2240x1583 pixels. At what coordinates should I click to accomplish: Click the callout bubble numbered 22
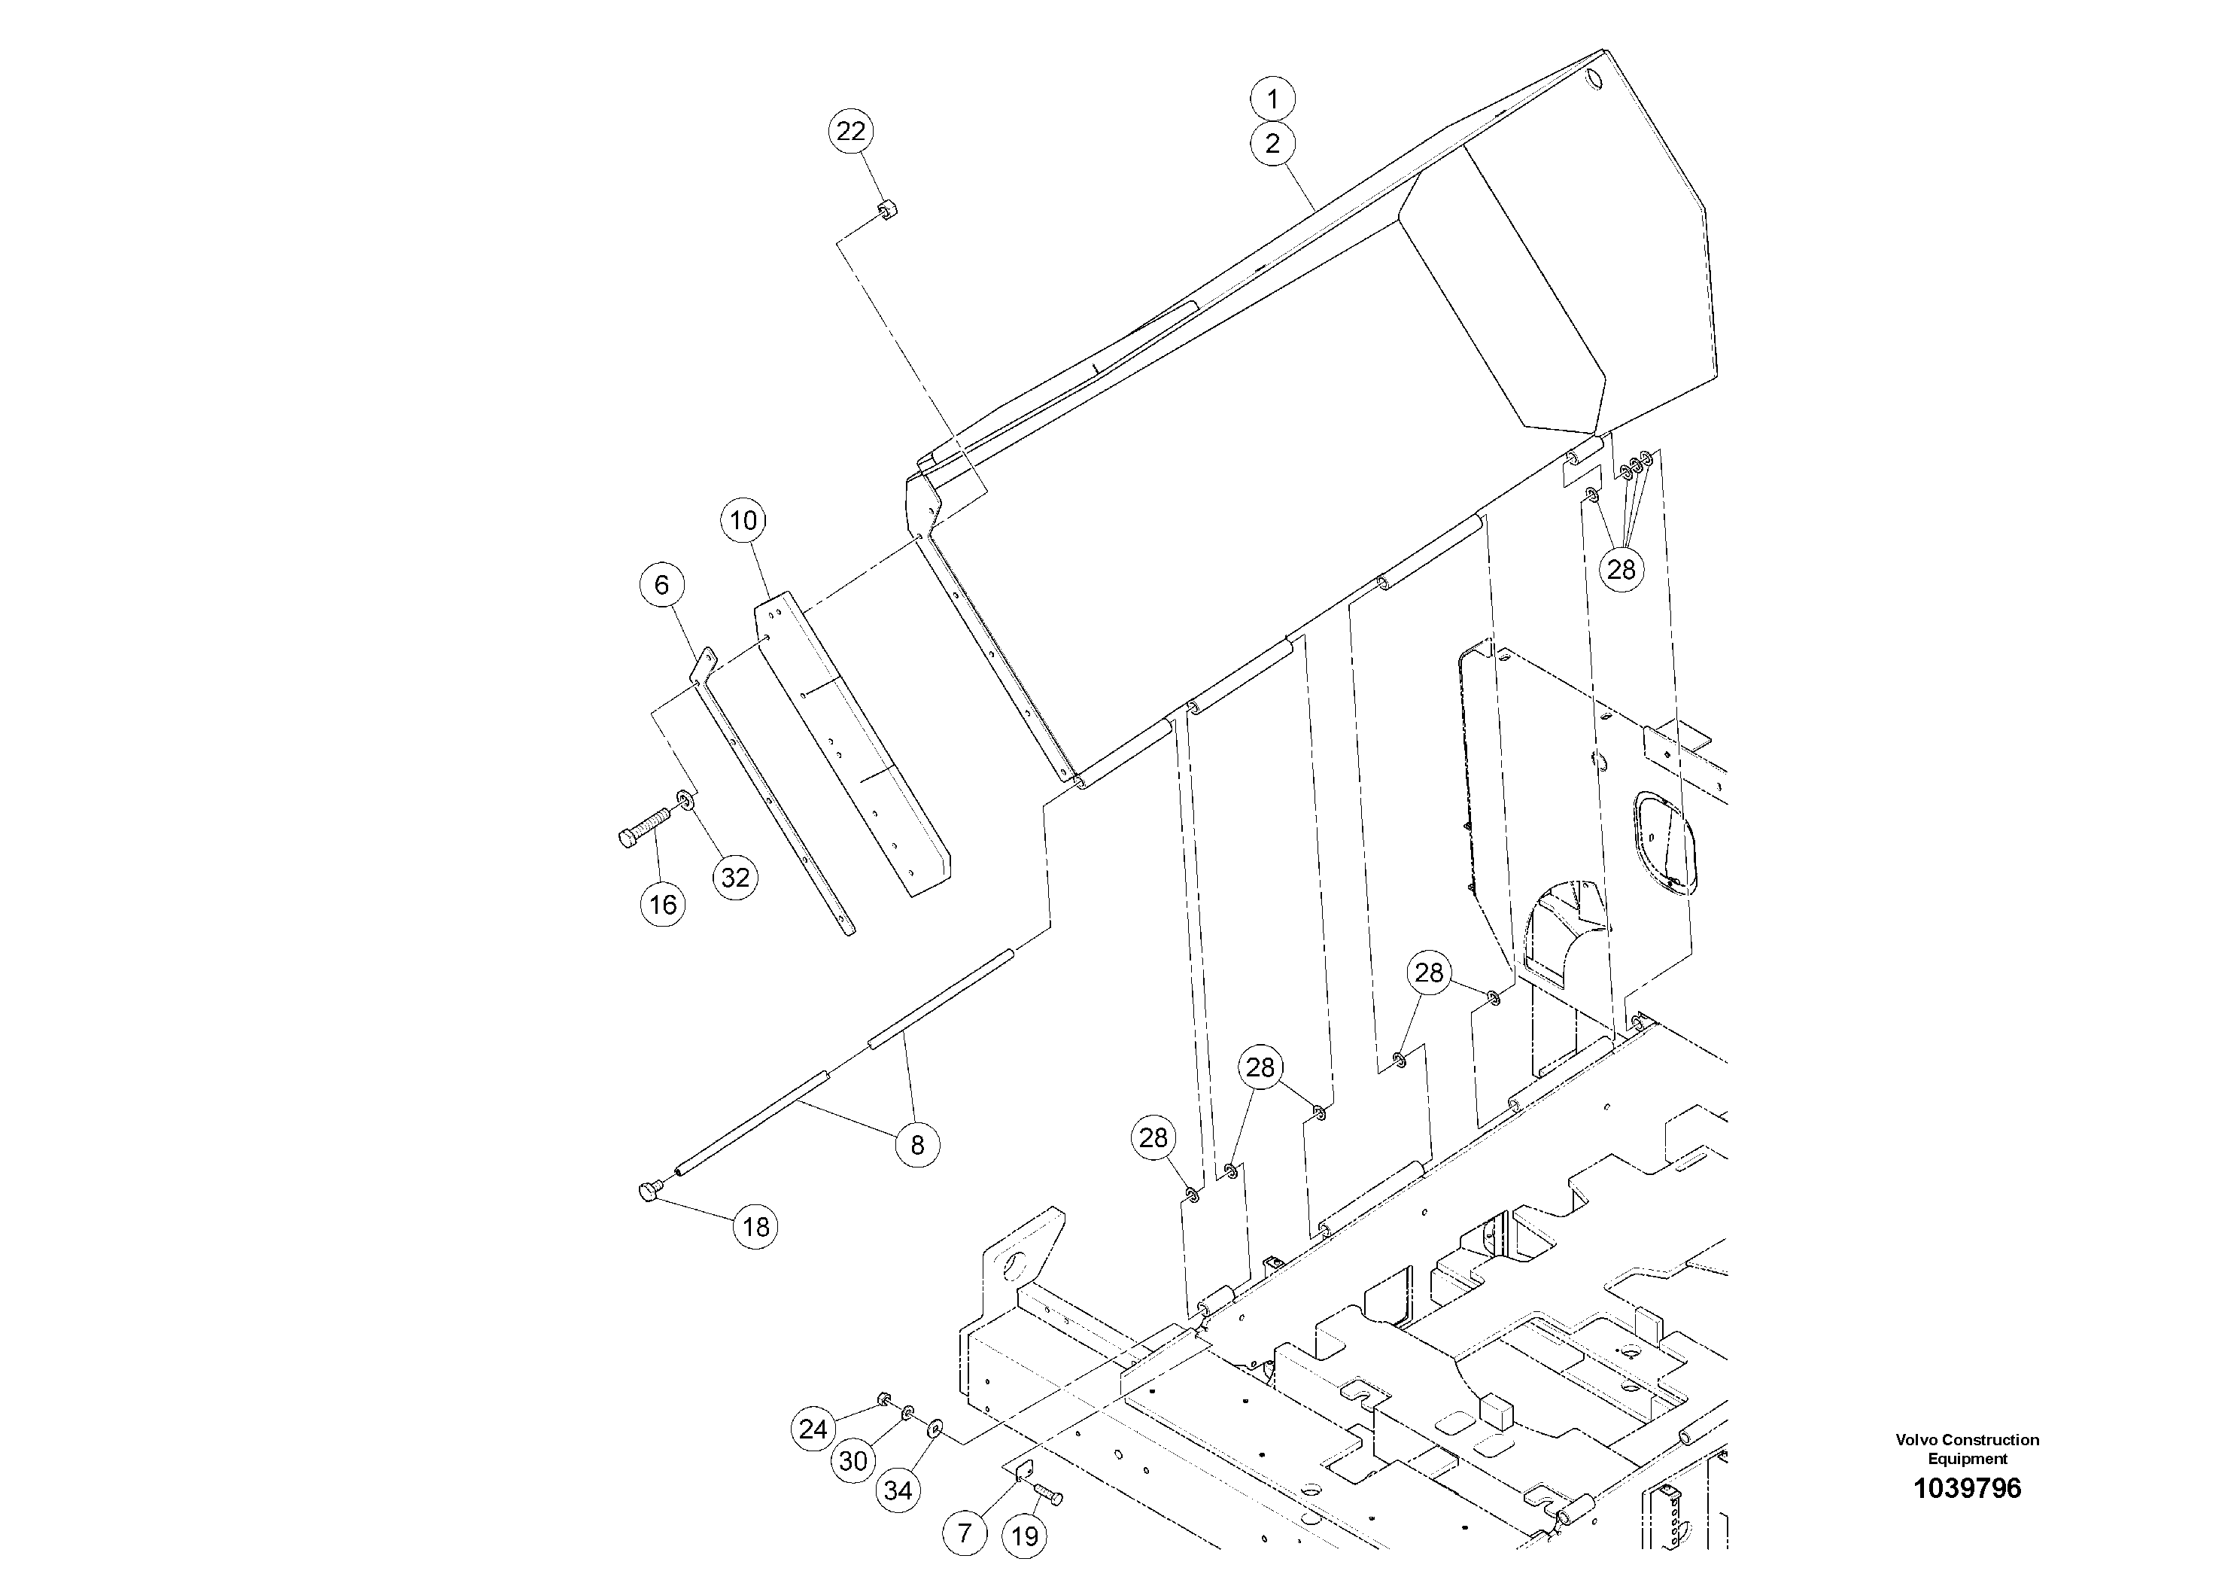click(x=851, y=132)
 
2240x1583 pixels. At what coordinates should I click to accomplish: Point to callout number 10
click(x=743, y=520)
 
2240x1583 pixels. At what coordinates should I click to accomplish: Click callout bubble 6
click(x=661, y=585)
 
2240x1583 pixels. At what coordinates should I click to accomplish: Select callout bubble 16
click(x=662, y=905)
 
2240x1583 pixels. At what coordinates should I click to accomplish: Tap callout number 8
click(x=917, y=1145)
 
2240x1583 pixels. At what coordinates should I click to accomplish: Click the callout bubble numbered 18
click(x=756, y=1227)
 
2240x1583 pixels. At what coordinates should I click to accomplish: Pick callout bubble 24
click(x=813, y=1429)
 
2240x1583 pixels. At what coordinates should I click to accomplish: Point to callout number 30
click(x=854, y=1461)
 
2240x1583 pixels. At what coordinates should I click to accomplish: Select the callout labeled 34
click(x=898, y=1490)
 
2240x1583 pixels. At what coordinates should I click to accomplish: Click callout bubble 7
click(x=965, y=1533)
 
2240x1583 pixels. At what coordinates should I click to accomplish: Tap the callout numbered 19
click(x=1023, y=1537)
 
